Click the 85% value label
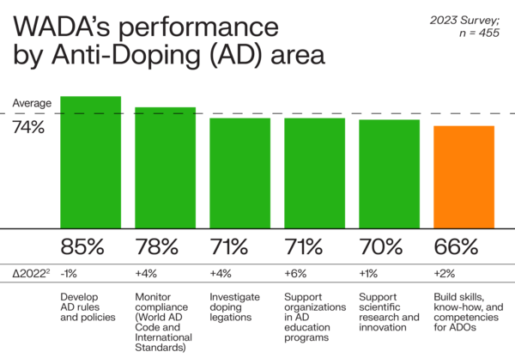(82, 247)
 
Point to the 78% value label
(157, 247)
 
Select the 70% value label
(381, 247)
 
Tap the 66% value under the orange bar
(456, 247)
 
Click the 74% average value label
(29, 127)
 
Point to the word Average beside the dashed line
(32, 103)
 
